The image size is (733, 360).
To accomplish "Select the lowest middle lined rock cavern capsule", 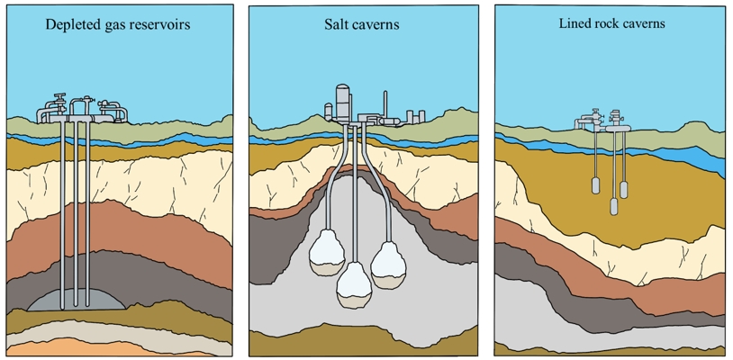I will tap(613, 206).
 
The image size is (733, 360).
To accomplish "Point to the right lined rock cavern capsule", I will tap(623, 188).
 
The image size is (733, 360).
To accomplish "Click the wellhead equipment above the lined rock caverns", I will tap(603, 121).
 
